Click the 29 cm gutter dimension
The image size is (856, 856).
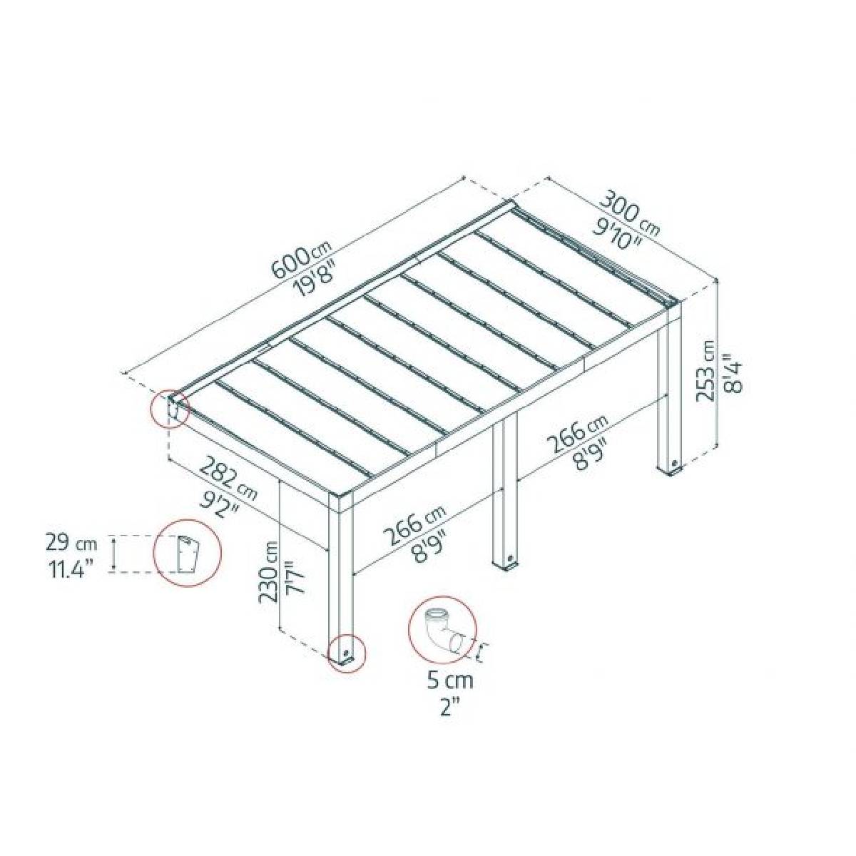[71, 544]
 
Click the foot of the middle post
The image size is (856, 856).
[506, 562]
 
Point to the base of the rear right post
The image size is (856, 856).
[671, 466]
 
